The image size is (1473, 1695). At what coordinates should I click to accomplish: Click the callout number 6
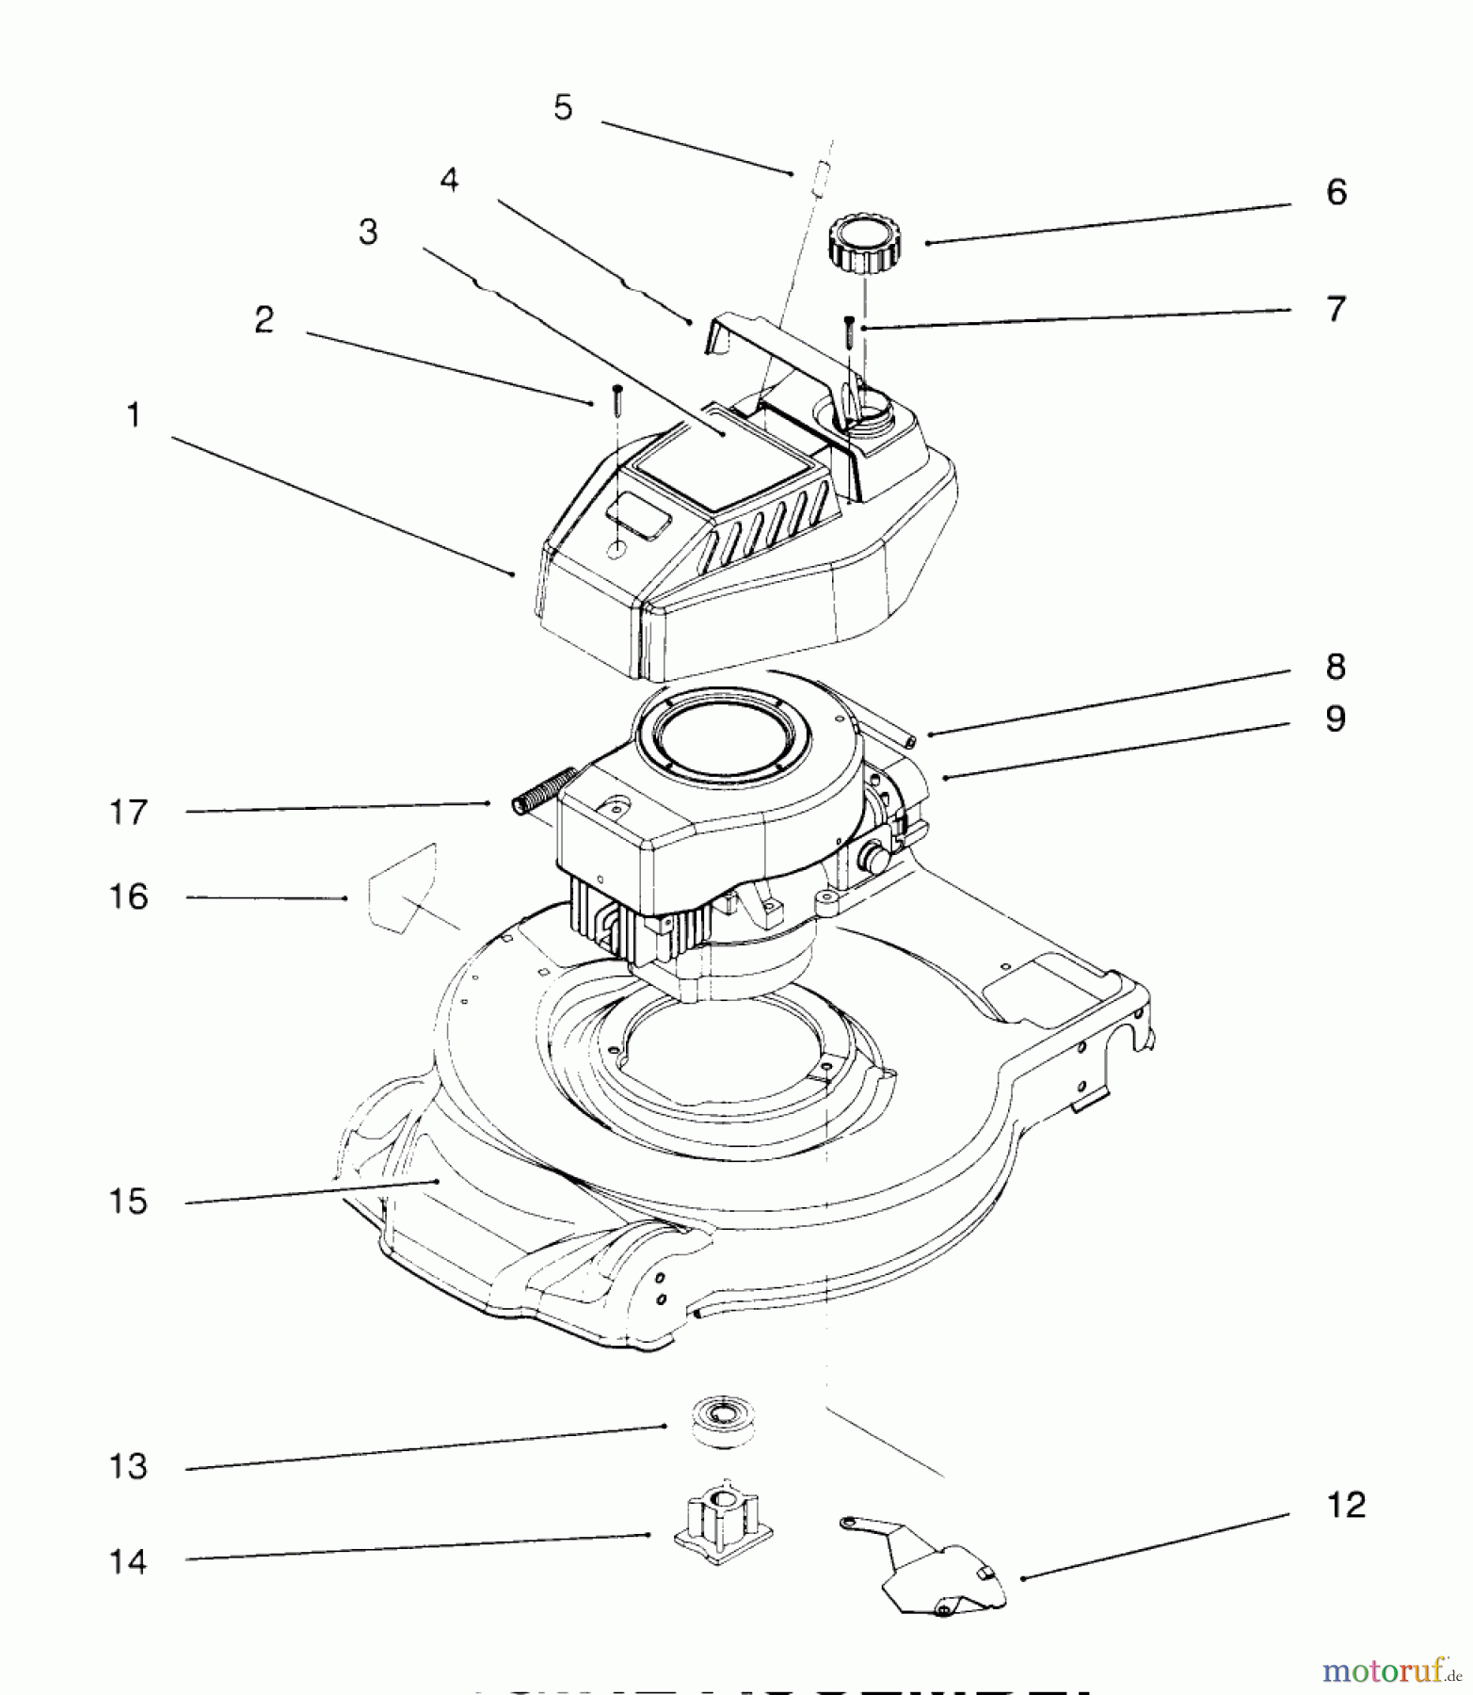click(1336, 192)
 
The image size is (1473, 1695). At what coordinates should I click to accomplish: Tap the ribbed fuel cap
click(863, 244)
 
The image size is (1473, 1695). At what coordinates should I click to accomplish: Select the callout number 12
click(1345, 1505)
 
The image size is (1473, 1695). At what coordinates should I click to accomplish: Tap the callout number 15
click(128, 1202)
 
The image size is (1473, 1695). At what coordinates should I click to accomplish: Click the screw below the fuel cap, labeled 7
click(848, 331)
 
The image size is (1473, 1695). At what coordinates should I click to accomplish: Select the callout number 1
click(134, 414)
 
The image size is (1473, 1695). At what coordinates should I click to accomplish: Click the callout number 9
click(1336, 718)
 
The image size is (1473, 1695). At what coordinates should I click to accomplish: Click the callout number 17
click(128, 812)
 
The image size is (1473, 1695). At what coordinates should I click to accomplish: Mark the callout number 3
click(368, 232)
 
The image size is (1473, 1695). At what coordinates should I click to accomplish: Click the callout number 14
click(128, 1562)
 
